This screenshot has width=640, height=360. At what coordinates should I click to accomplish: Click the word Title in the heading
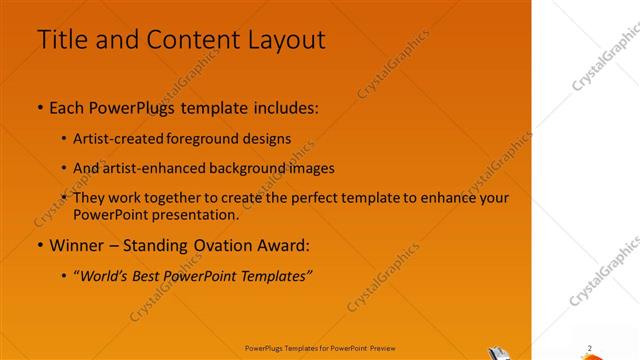(x=61, y=39)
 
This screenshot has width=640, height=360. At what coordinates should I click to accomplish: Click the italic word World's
(x=109, y=276)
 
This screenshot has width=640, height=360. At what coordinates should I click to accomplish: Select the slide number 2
(x=590, y=348)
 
